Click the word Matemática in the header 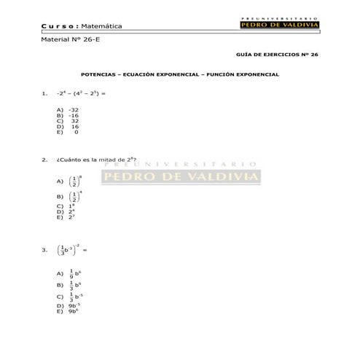[102, 26]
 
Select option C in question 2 [71, 206]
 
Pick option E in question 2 [71, 216]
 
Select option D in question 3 [73, 305]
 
